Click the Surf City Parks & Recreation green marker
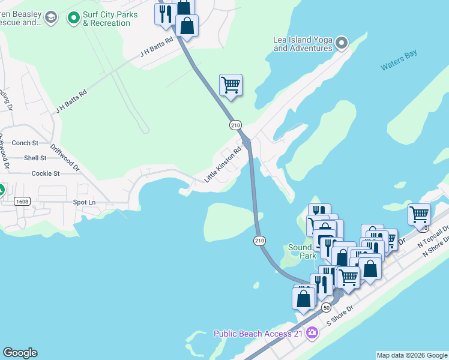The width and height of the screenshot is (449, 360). click(74, 19)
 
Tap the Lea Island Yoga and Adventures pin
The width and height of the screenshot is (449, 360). click(342, 43)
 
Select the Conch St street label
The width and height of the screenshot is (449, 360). click(25, 143)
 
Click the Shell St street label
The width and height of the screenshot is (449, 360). click(35, 158)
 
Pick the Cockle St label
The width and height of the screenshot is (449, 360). click(45, 173)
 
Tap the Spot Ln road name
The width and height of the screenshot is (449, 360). click(84, 202)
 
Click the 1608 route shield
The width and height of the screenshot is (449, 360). click(22, 202)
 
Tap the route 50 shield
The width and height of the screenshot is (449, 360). click(326, 307)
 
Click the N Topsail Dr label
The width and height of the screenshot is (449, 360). click(433, 233)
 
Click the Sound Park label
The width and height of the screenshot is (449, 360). click(300, 251)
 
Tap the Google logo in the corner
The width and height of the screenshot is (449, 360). click(20, 353)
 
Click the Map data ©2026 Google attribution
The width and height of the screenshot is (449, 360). click(411, 355)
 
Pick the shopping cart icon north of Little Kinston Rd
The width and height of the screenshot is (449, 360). click(231, 85)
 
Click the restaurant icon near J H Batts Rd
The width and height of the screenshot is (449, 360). click(164, 14)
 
